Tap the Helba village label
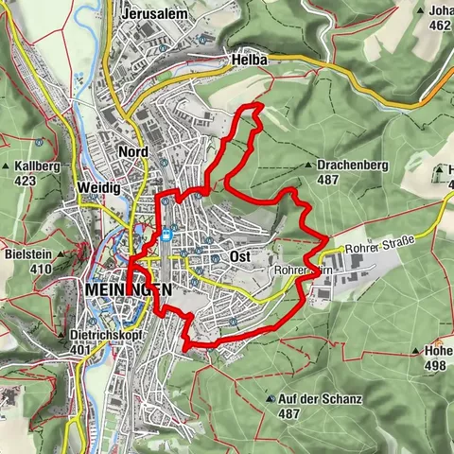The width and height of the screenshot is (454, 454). point(249,60)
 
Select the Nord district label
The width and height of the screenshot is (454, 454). point(133,151)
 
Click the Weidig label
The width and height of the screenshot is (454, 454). point(101,188)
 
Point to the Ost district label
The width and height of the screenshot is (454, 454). point(239,256)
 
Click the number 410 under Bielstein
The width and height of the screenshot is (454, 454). point(41,269)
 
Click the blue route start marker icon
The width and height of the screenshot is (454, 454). point(166,236)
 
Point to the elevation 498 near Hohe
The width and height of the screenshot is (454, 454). point(435,365)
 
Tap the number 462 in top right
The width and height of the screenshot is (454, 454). point(440,26)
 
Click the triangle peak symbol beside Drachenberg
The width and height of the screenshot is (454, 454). point(309,165)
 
